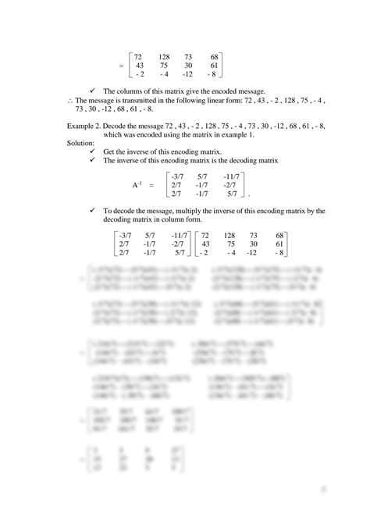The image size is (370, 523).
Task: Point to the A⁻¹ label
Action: pyautogui.click(x=138, y=184)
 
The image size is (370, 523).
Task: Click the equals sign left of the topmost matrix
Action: pyautogui.click(x=121, y=66)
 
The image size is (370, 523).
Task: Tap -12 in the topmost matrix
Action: pyautogui.click(x=188, y=74)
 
